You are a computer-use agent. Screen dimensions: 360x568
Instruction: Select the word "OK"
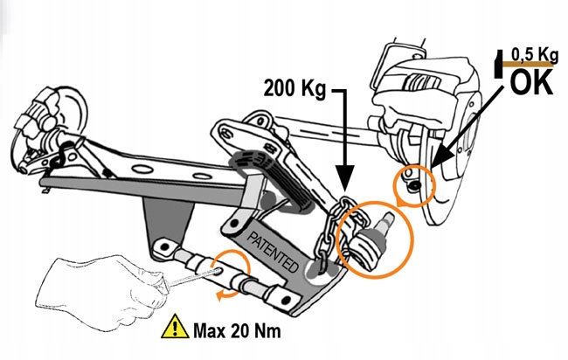click(x=530, y=82)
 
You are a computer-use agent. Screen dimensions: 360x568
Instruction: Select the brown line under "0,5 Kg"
click(x=531, y=66)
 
